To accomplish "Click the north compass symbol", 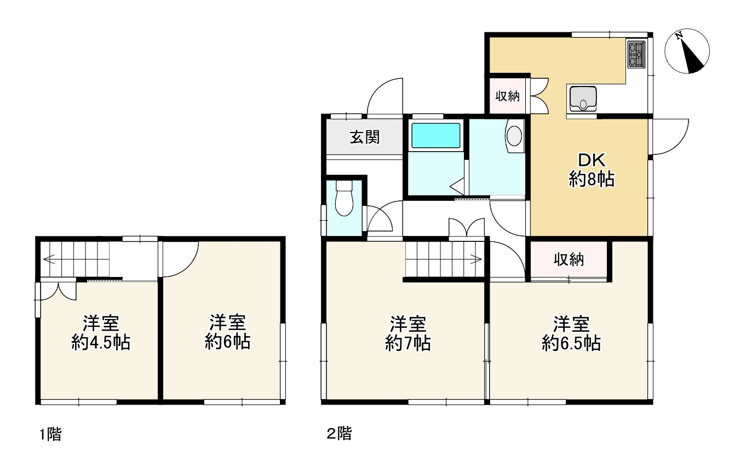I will point(687,51).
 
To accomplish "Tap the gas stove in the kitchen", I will point(636,55).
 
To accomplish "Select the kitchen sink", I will point(582,99).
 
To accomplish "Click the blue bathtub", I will point(435,135).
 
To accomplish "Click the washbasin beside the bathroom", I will point(515,135).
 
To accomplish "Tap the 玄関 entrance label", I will point(365,137).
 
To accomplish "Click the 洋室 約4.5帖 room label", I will point(101,333).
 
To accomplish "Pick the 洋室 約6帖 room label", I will point(228,333).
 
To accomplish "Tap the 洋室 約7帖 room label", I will point(407,333).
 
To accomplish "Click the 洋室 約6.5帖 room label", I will point(571,333).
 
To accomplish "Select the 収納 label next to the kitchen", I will point(507,96).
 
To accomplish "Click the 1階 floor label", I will point(50,435).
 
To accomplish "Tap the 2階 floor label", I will point(339,435).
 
